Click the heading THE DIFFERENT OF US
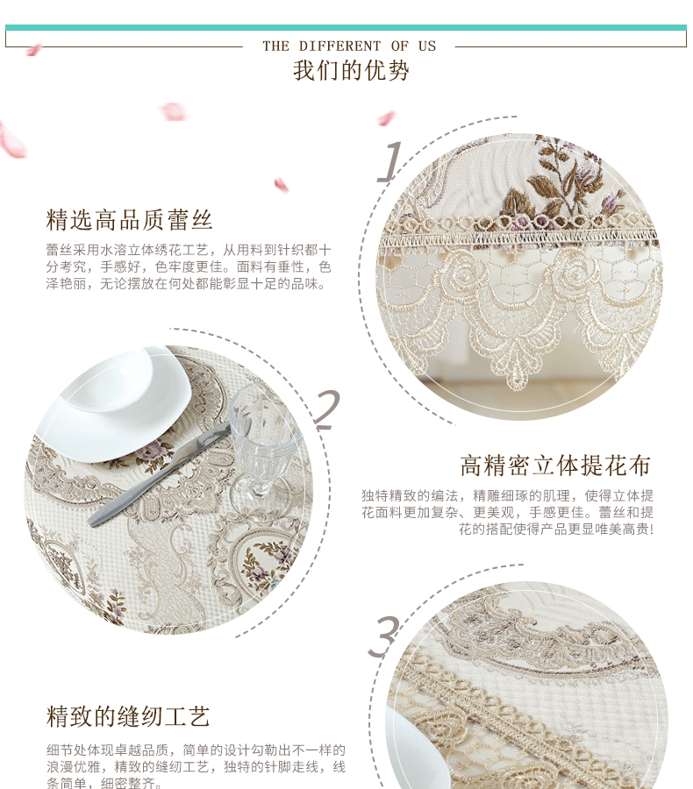349,46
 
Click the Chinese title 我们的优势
351,70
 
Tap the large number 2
328,409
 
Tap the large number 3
383,636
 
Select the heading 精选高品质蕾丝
130,220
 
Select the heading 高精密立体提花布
555,466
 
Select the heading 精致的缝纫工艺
128,716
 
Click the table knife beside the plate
159,474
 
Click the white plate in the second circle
117,403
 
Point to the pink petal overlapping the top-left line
33,49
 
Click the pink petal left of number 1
386,118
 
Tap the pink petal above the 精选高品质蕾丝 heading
282,185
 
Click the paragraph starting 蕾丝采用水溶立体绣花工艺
189,267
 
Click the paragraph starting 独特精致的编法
507,512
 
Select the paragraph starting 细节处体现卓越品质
196,766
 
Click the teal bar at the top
346,28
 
